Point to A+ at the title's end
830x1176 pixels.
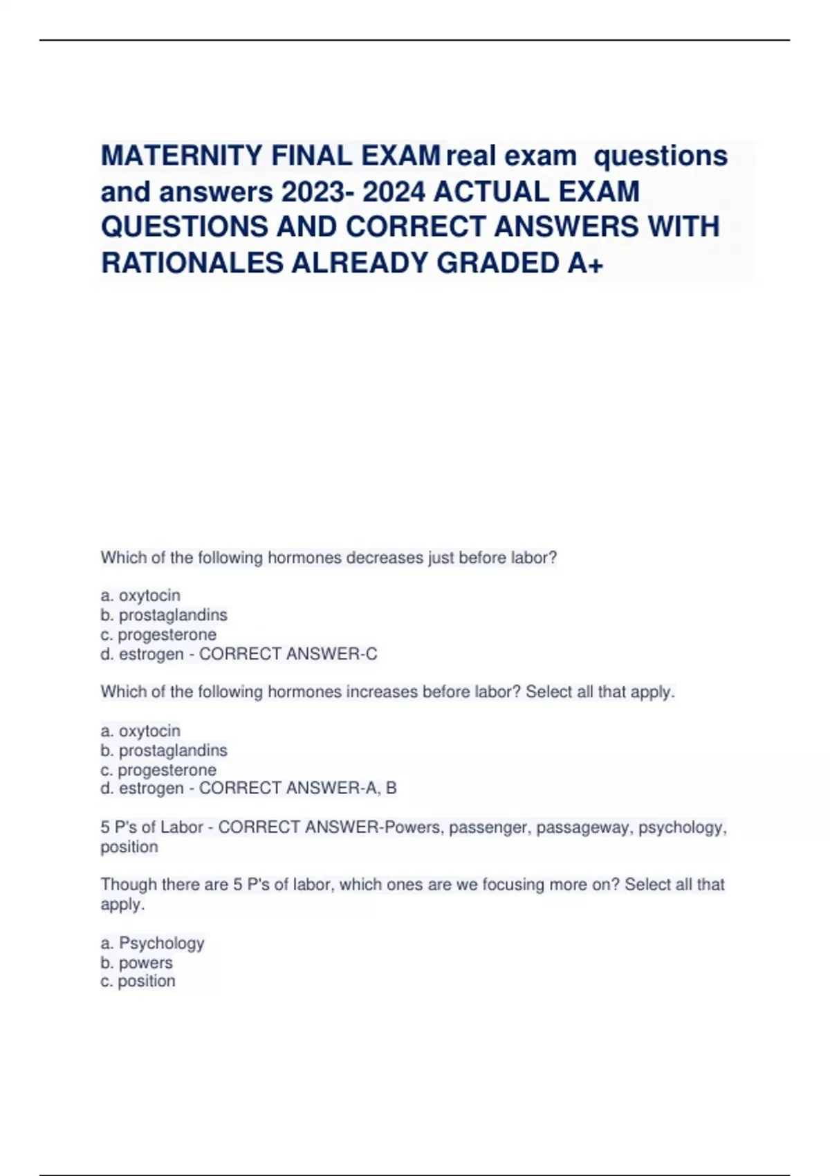click(585, 263)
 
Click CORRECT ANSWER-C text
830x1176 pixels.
click(288, 654)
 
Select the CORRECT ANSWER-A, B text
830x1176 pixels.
click(297, 788)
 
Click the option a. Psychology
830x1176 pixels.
click(153, 943)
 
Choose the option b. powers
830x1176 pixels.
click(137, 962)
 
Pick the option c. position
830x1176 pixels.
click(138, 981)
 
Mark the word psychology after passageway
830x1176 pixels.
click(681, 827)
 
